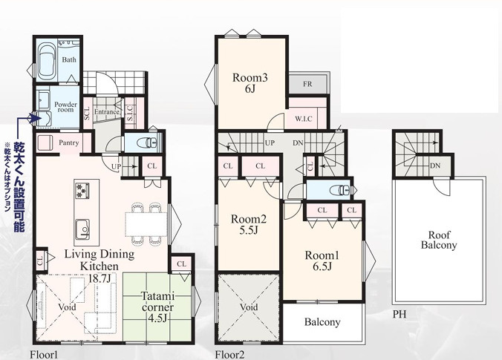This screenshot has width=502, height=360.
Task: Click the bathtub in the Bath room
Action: pyautogui.click(x=48, y=62)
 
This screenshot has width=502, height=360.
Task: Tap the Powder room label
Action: pyautogui.click(x=65, y=107)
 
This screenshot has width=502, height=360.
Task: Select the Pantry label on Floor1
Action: pyautogui.click(x=69, y=143)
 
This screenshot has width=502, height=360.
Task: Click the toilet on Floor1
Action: pyautogui.click(x=149, y=142)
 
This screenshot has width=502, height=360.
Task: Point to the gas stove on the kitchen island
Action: pyautogui.click(x=82, y=190)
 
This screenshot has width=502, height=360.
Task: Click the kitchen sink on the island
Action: pyautogui.click(x=82, y=229)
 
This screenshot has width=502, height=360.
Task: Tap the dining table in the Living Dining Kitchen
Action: pyautogui.click(x=146, y=224)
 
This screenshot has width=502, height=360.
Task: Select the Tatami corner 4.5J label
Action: pyautogui.click(x=157, y=307)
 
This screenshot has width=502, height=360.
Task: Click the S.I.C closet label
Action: pyautogui.click(x=130, y=113)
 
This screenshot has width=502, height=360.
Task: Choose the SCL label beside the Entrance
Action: pyautogui.click(x=87, y=113)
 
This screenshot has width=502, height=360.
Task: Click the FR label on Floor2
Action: pyautogui.click(x=307, y=84)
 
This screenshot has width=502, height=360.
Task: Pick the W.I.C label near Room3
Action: pyautogui.click(x=304, y=119)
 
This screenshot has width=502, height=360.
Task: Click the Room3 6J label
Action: pyautogui.click(x=250, y=83)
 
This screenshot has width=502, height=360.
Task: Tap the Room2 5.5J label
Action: pyautogui.click(x=249, y=224)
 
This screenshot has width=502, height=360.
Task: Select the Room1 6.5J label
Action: pyautogui.click(x=322, y=261)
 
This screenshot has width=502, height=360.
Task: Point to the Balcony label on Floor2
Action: pyautogui.click(x=322, y=322)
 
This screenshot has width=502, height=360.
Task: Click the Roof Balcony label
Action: pyautogui.click(x=439, y=240)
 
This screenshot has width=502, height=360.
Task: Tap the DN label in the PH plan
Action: pyautogui.click(x=435, y=166)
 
